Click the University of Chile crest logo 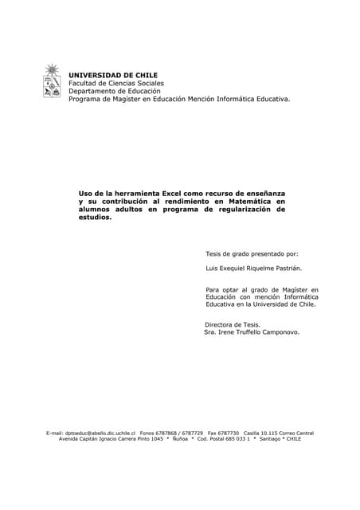pyautogui.click(x=52, y=82)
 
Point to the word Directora pyautogui.click(x=221, y=324)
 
